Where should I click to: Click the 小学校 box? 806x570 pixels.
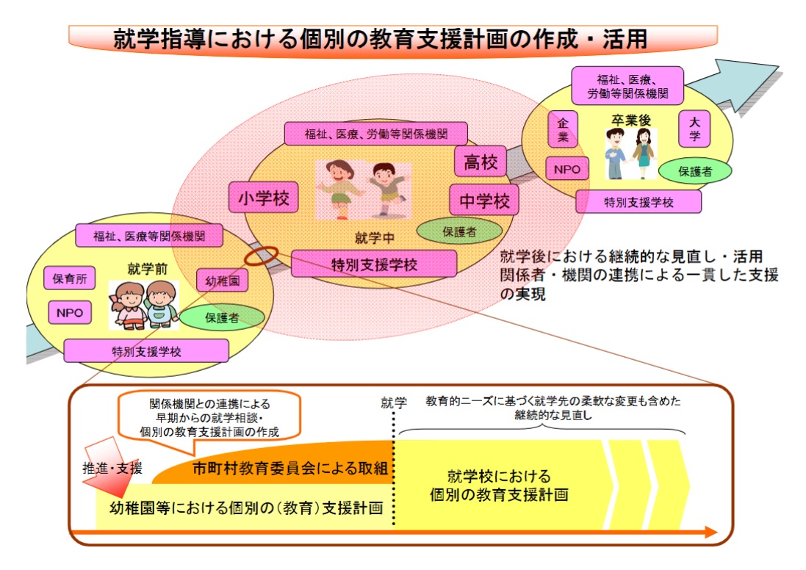pos(264,198)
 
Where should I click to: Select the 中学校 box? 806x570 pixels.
pos(484,201)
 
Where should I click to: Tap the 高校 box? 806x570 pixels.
pos(481,162)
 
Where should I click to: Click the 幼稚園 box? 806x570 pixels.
pos(222,280)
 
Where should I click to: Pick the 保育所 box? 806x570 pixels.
pos(71,279)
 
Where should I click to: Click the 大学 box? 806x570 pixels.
pos(694,129)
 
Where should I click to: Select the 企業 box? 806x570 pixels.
pos(563,129)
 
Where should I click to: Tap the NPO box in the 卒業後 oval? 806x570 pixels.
pos(566,170)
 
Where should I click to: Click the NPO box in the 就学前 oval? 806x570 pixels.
pos(70,312)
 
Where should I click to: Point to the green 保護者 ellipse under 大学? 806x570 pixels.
pos(694,171)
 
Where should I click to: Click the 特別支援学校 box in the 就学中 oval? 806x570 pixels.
pos(374,264)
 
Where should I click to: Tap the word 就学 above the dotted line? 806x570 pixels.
pos(394,403)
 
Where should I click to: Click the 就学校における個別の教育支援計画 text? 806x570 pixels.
pos(500,485)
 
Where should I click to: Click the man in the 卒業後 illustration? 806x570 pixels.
pos(615,153)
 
